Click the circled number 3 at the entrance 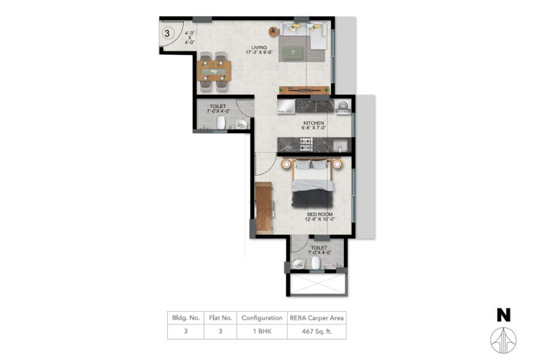tap(167, 33)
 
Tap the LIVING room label tap(259, 48)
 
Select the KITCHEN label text tap(314, 123)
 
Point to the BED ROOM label tap(320, 214)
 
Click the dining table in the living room tap(214, 71)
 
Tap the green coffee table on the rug tap(293, 53)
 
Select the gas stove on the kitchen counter tap(306, 144)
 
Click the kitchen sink tap(340, 146)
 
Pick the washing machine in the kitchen tap(343, 106)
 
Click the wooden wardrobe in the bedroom tap(264, 208)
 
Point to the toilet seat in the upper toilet tap(221, 123)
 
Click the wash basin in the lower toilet tap(298, 264)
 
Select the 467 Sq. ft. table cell tap(317, 331)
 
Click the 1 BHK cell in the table tap(262, 331)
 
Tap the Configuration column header tap(262, 318)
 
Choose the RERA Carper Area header tap(317, 318)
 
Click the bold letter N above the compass tap(504, 315)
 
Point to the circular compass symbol tap(503, 341)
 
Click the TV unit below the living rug tap(305, 90)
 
